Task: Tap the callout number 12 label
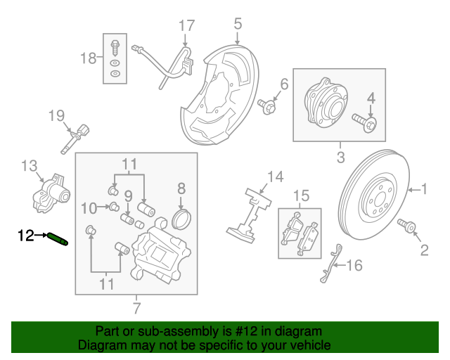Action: [25, 236]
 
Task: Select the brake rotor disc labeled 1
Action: [373, 196]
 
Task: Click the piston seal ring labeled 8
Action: [181, 217]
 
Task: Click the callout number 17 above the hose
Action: [186, 27]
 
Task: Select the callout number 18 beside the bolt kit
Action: [88, 58]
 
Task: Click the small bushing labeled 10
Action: [112, 206]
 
